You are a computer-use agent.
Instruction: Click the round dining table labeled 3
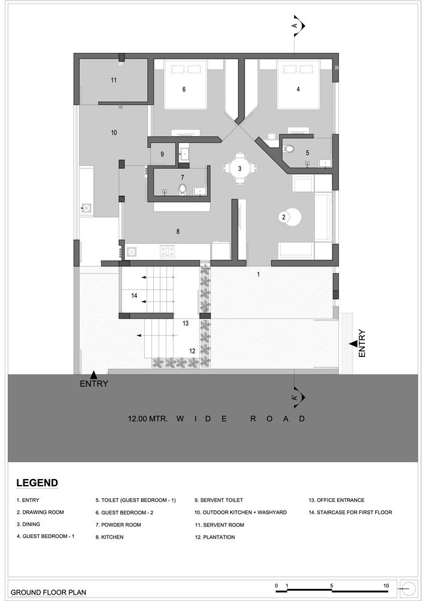pyautogui.click(x=240, y=168)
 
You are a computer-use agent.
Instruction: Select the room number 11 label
pyautogui.click(x=114, y=80)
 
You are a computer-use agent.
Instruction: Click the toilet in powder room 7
pyautogui.click(x=182, y=189)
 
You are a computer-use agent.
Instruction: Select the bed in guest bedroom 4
pyautogui.click(x=299, y=84)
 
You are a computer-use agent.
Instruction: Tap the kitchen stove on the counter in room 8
pyautogui.click(x=168, y=251)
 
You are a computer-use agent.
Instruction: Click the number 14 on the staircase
pyautogui.click(x=134, y=296)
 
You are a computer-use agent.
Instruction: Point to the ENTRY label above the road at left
pyautogui.click(x=94, y=383)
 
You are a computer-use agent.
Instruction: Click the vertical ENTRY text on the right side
pyautogui.click(x=362, y=344)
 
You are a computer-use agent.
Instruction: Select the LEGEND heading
pyautogui.click(x=37, y=483)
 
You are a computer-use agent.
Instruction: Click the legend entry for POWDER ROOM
pyautogui.click(x=118, y=525)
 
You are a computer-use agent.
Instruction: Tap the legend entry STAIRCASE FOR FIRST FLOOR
pyautogui.click(x=350, y=512)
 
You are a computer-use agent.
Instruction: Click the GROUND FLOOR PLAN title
pyautogui.click(x=48, y=592)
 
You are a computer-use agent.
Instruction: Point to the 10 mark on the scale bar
pyautogui.click(x=386, y=585)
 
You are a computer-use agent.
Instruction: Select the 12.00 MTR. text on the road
pyautogui.click(x=148, y=418)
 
